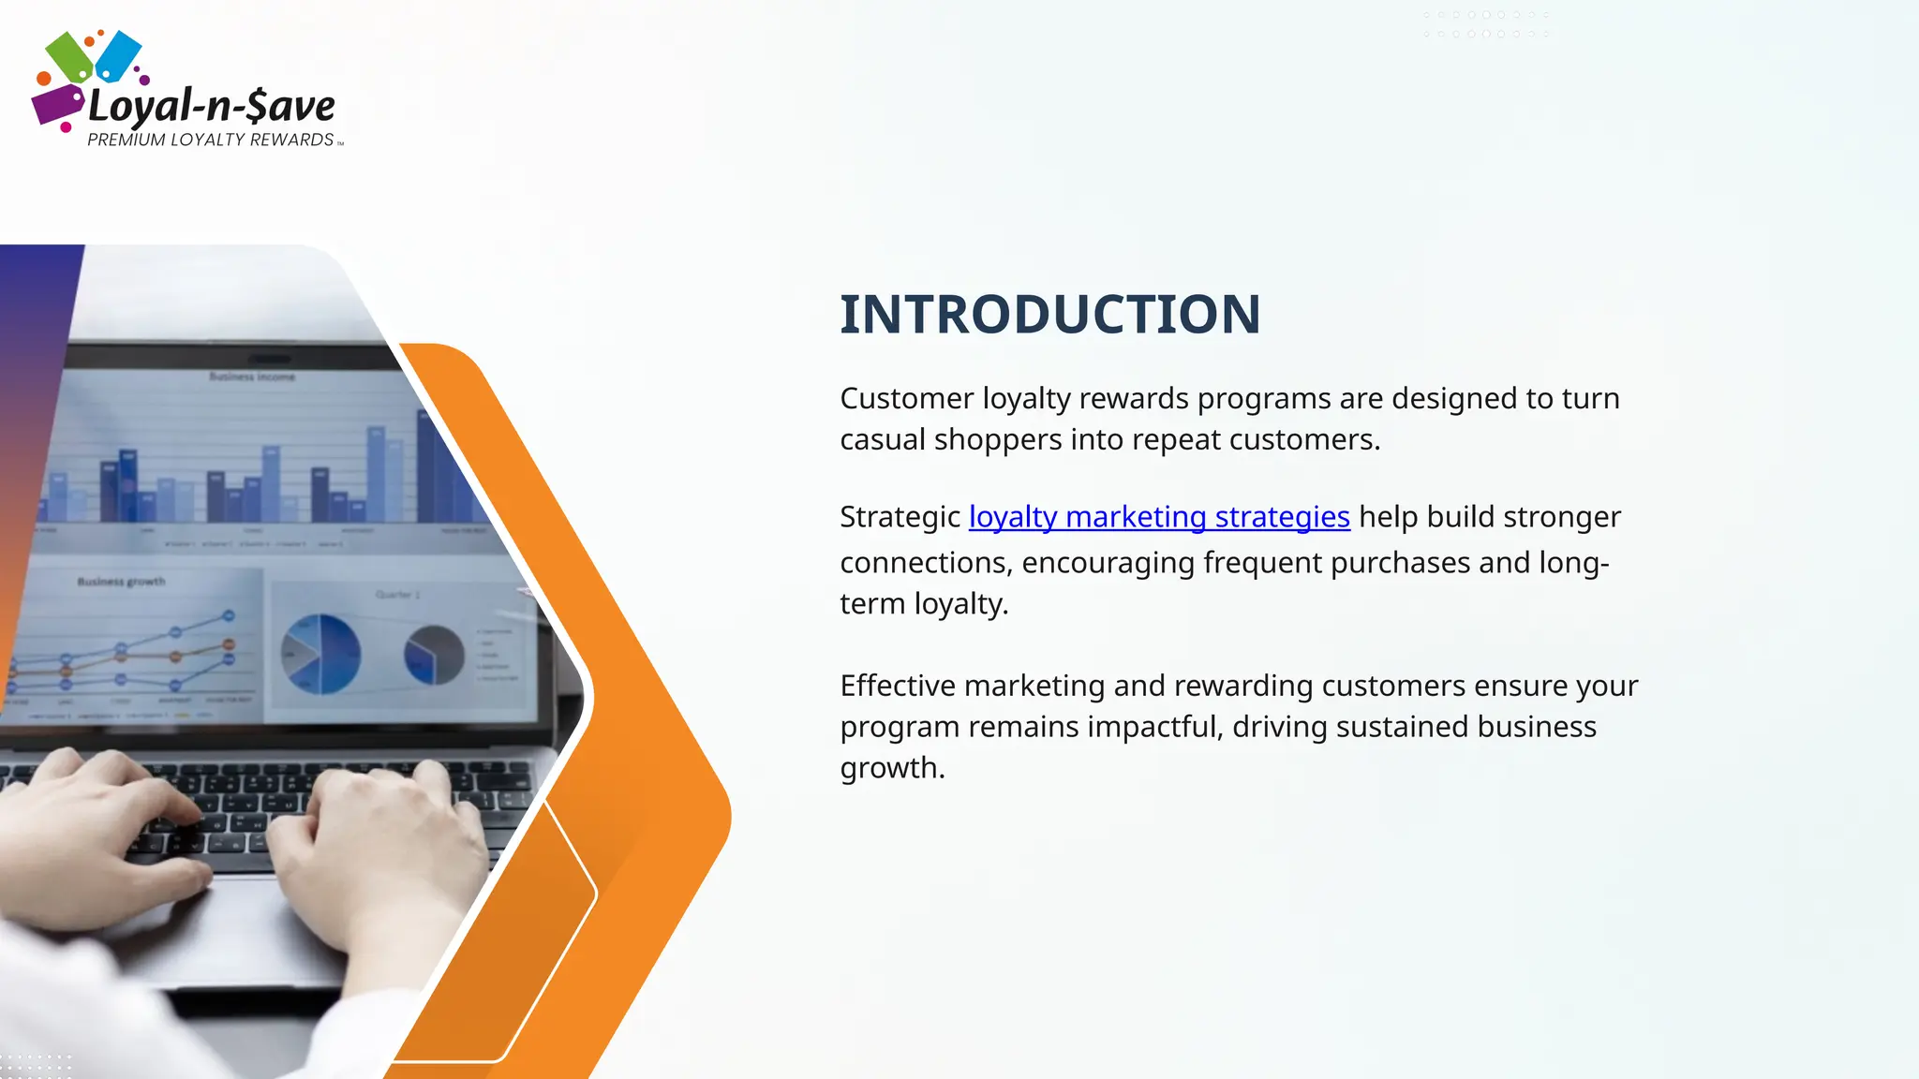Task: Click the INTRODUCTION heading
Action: pyautogui.click(x=1049, y=315)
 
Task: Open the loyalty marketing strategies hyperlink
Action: pyautogui.click(x=1159, y=517)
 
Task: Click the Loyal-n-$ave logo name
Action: pyautogui.click(x=212, y=106)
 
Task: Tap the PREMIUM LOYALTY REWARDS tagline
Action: pyautogui.click(x=211, y=140)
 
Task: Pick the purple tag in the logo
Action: pyautogui.click(x=56, y=104)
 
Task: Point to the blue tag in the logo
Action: pyautogui.click(x=119, y=54)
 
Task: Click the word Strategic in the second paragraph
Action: pyautogui.click(x=900, y=517)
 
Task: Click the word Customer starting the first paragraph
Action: pyautogui.click(x=906, y=399)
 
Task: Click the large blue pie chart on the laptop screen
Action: pyautogui.click(x=320, y=654)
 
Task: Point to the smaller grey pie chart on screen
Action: pyautogui.click(x=434, y=655)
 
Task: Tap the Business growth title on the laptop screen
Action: pyautogui.click(x=121, y=582)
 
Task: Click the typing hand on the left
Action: pyautogui.click(x=103, y=824)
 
